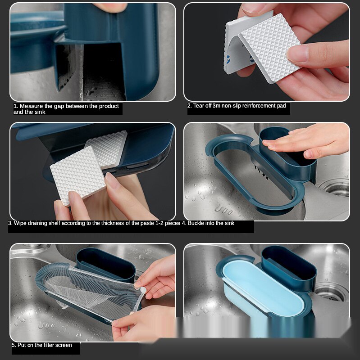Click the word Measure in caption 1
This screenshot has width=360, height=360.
pos(31,106)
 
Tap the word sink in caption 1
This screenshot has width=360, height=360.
pos(41,112)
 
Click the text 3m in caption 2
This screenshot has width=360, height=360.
pos(217,106)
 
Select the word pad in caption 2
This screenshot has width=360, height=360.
pos(282,106)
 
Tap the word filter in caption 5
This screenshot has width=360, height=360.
pos(48,345)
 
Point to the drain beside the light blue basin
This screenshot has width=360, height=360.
pos(331,293)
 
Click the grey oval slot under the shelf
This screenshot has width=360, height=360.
pos(137,165)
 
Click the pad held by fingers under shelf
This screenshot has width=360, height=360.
pos(77,175)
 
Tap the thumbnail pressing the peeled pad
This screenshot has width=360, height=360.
pos(296,53)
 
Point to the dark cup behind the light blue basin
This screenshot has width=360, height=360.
pos(289,266)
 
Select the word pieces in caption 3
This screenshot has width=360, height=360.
pos(173,223)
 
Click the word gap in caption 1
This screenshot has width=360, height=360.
pos(59,106)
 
